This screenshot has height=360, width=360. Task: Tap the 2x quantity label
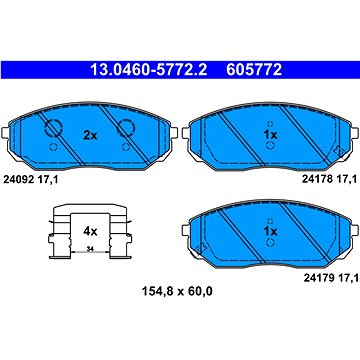(x=90, y=133)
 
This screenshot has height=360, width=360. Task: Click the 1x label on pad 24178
(x=269, y=133)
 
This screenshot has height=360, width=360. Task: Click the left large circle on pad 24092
(x=53, y=129)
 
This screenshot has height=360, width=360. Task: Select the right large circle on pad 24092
(x=126, y=129)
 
